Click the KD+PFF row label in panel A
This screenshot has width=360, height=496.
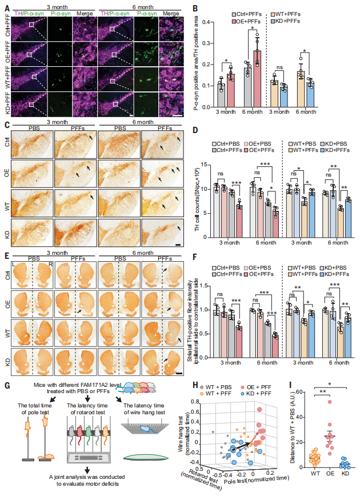coord(5,106)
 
